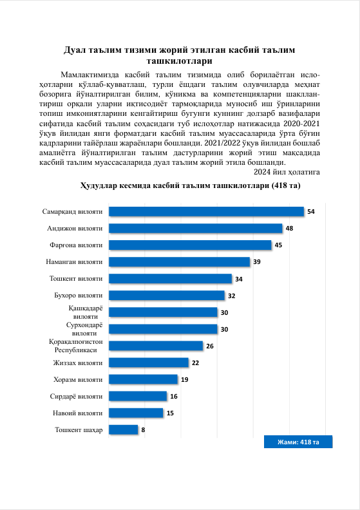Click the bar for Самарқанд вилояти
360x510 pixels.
(206, 211)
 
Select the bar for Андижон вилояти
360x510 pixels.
(195, 229)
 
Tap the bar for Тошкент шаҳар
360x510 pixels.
(123, 430)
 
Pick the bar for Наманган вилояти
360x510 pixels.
(179, 262)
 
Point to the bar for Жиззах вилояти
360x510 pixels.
(149, 363)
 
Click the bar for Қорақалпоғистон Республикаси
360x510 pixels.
(156, 346)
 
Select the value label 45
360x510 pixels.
(278, 245)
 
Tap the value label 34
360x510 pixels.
(239, 279)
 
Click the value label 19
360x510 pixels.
(184, 379)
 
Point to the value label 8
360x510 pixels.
(143, 430)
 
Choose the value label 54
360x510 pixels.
(311, 212)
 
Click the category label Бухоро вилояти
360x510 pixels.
(79, 296)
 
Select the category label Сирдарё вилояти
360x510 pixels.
(77, 396)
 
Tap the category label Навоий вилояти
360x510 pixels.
(78, 413)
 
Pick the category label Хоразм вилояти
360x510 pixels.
(78, 379)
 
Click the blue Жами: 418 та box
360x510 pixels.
(298, 442)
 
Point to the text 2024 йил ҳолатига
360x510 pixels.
(287, 172)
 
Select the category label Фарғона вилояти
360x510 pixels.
(76, 245)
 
